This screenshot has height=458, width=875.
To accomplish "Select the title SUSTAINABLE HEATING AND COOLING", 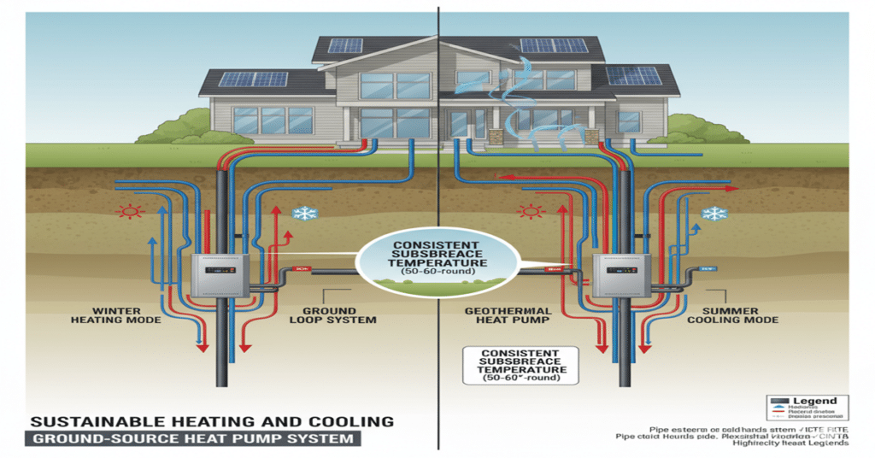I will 211,421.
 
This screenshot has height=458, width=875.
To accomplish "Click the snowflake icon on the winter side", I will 302,214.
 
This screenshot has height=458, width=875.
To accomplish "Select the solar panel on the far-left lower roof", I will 252,79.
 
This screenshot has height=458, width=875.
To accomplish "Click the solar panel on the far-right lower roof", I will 633,75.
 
